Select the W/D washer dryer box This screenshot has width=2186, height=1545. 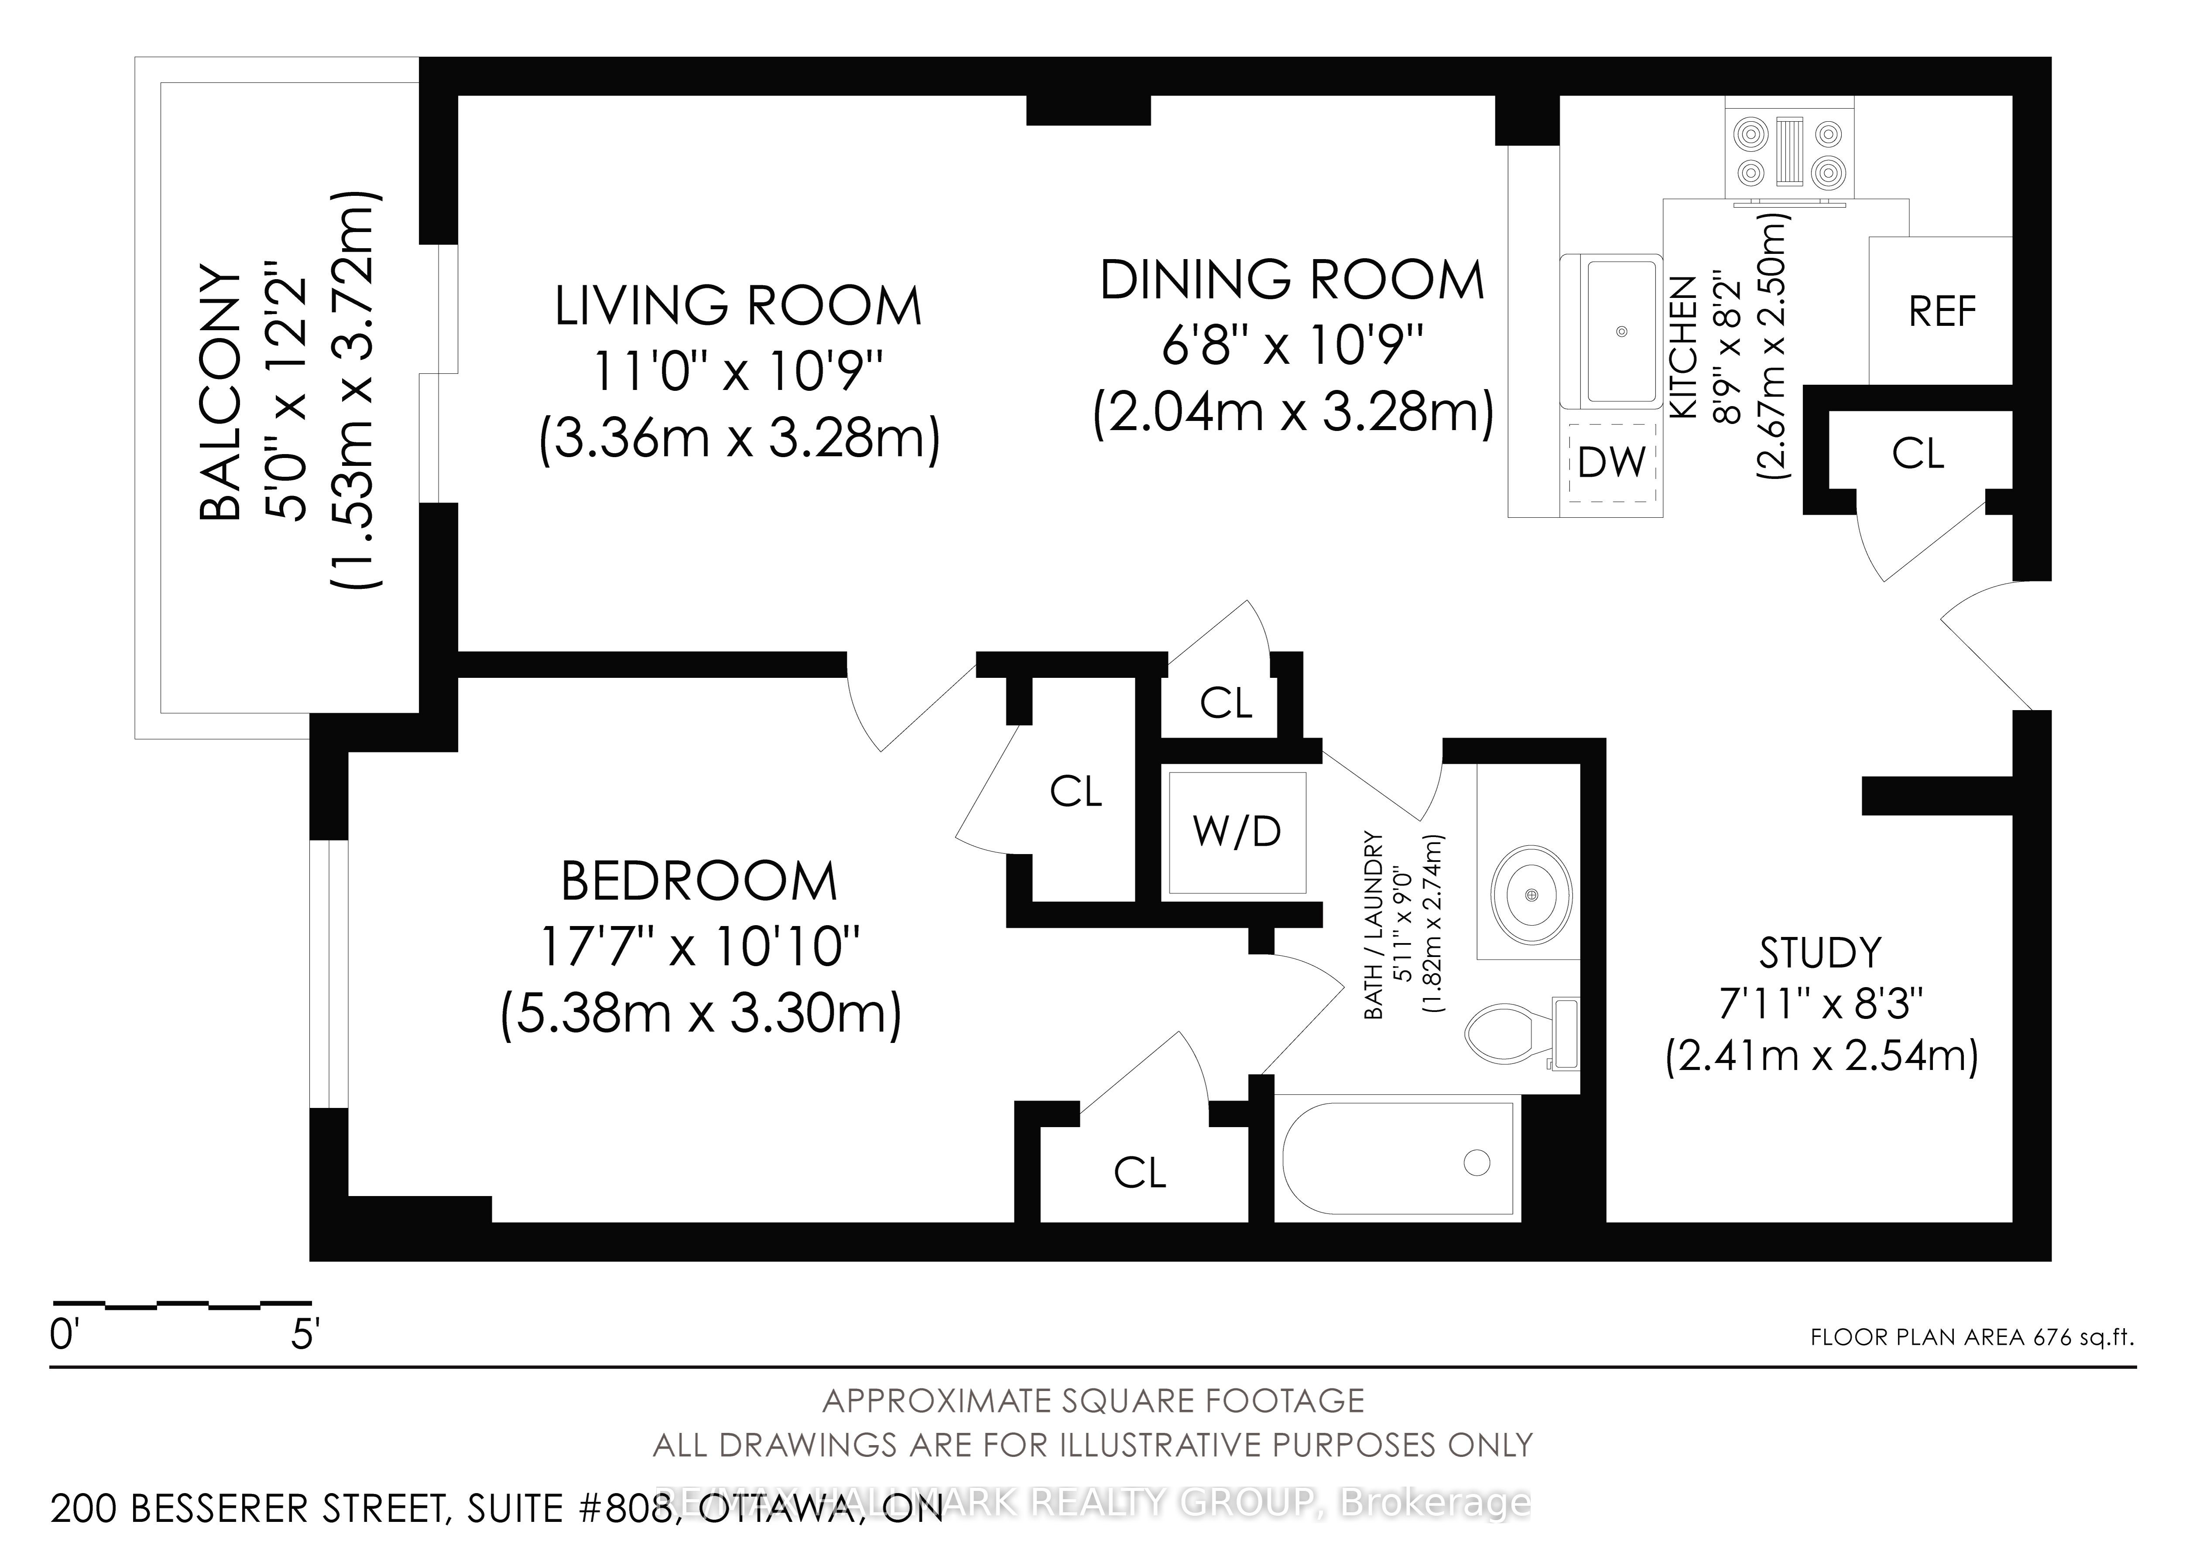pos(1237,832)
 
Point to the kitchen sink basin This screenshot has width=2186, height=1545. pos(1621,330)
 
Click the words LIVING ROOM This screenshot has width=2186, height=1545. pos(739,307)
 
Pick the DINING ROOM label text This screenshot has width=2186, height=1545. pos(1292,280)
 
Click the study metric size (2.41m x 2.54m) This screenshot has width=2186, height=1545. pos(1821,1056)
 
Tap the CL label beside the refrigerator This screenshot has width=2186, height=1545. pos(1918,454)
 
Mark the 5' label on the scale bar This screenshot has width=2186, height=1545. pos(304,1336)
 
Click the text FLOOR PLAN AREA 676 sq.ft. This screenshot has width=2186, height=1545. pos(1972,1336)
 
